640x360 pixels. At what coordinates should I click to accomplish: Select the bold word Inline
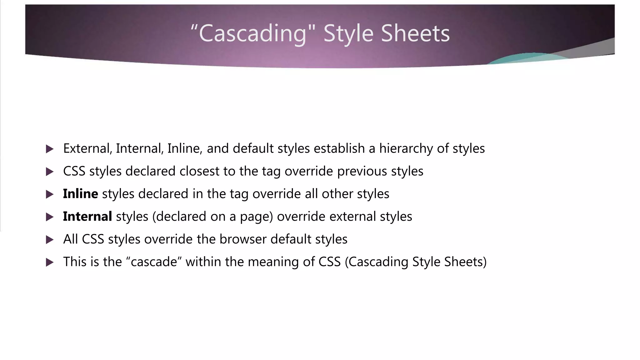click(x=80, y=194)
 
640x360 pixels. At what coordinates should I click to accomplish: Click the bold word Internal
click(x=87, y=217)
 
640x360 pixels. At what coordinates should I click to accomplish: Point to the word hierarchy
click(x=406, y=148)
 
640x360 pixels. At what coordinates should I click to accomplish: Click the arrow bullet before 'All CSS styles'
click(x=49, y=240)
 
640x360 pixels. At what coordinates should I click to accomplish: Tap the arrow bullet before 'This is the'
click(x=49, y=262)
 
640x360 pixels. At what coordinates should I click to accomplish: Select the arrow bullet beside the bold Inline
click(x=49, y=194)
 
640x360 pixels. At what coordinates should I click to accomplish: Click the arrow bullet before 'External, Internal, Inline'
click(x=49, y=149)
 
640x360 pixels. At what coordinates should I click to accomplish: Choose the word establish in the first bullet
click(x=339, y=148)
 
